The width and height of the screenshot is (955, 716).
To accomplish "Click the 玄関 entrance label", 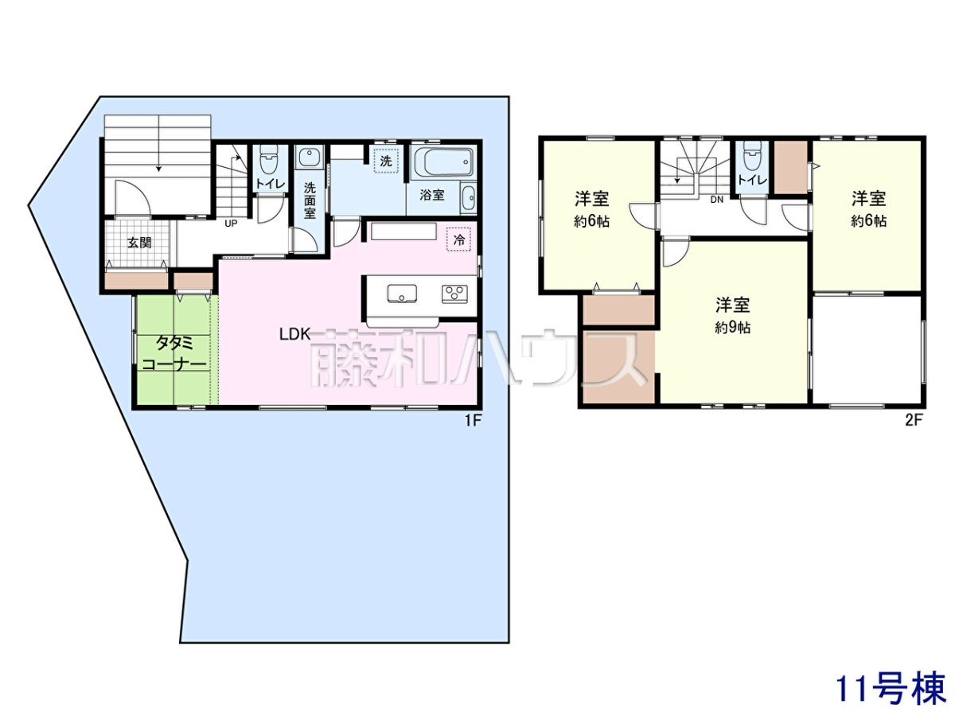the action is click(x=139, y=243).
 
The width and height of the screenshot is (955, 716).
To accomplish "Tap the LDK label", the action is click(x=295, y=334).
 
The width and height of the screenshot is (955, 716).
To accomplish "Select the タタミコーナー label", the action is click(x=174, y=354).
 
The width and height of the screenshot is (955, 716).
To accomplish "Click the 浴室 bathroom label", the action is click(x=432, y=195).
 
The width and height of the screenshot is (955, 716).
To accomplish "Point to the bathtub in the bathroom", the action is click(x=442, y=162).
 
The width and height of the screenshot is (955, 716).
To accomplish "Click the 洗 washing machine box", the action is click(x=386, y=161).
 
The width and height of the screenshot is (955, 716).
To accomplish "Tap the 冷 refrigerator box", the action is click(x=459, y=239).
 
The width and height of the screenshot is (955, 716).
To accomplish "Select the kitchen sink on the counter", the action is click(x=402, y=294).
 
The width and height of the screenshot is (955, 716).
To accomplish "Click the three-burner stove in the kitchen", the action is click(x=454, y=294).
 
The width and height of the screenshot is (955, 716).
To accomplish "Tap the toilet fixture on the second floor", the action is click(x=753, y=156).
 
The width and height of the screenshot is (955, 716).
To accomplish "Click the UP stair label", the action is click(x=231, y=224).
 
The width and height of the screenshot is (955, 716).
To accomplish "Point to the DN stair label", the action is click(x=716, y=200).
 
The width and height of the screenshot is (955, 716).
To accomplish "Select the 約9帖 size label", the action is click(x=732, y=327).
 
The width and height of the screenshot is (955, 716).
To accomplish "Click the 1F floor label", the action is click(x=473, y=420).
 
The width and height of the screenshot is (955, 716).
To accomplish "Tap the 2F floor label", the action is click(x=914, y=420).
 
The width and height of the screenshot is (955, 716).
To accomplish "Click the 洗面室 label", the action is click(x=310, y=200).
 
